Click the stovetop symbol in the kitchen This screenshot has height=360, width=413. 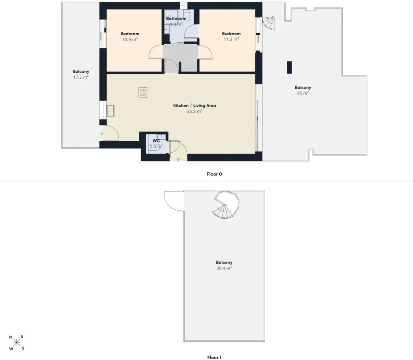coord(143,93)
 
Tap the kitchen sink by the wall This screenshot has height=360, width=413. coord(110,111)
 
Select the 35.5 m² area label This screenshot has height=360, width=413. coord(195,111)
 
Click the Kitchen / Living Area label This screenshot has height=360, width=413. coord(195,106)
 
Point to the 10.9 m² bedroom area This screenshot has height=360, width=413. coord(130,39)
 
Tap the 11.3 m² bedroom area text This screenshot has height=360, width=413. coord(231,39)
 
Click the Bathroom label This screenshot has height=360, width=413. coord(176,18)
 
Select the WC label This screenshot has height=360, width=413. coord(156,141)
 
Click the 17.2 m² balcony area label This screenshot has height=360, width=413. coord(81,77)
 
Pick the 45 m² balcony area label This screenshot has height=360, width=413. coord(303,93)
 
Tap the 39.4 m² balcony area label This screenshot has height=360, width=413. coord(224,268)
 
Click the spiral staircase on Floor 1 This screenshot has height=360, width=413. coord(226,205)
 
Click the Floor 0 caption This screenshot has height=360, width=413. coord(214,174)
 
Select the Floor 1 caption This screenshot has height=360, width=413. coord(214,358)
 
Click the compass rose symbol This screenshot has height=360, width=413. coord(17,343)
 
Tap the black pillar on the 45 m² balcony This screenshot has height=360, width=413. coord(290,67)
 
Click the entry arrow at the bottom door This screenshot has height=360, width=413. coord(178,159)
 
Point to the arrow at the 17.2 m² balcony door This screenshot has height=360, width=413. coord(101,134)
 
